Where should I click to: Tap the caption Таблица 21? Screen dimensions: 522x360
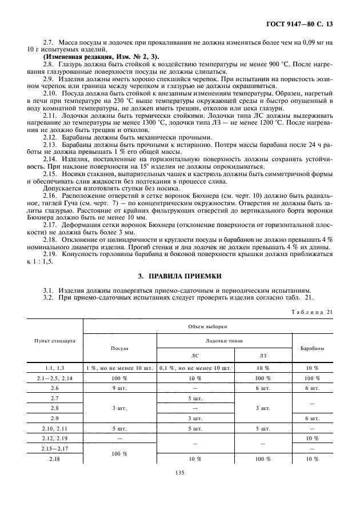point(312,312)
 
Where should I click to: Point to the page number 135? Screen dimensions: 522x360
point(180,472)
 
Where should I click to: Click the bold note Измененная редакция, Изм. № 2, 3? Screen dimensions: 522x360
point(102,55)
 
